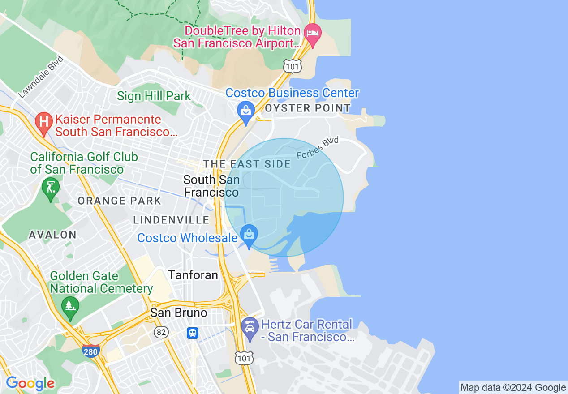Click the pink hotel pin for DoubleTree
pyautogui.click(x=313, y=34)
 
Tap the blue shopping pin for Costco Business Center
pyautogui.click(x=246, y=111)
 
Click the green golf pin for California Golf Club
pyautogui.click(x=51, y=188)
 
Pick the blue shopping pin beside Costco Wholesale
pyautogui.click(x=249, y=235)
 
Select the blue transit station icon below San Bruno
pyautogui.click(x=193, y=333)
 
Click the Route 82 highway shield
pyautogui.click(x=161, y=332)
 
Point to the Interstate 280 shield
pyautogui.click(x=90, y=351)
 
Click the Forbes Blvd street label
pyautogui.click(x=318, y=148)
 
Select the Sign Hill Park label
pyautogui.click(x=154, y=96)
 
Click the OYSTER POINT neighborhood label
pyautogui.click(x=308, y=108)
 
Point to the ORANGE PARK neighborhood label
pyautogui.click(x=119, y=201)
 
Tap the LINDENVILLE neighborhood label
pyautogui.click(x=171, y=220)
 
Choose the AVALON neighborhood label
pyautogui.click(x=52, y=235)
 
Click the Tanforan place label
pyautogui.click(x=193, y=275)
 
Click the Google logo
pyautogui.click(x=30, y=383)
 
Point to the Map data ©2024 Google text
pyautogui.click(x=513, y=388)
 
